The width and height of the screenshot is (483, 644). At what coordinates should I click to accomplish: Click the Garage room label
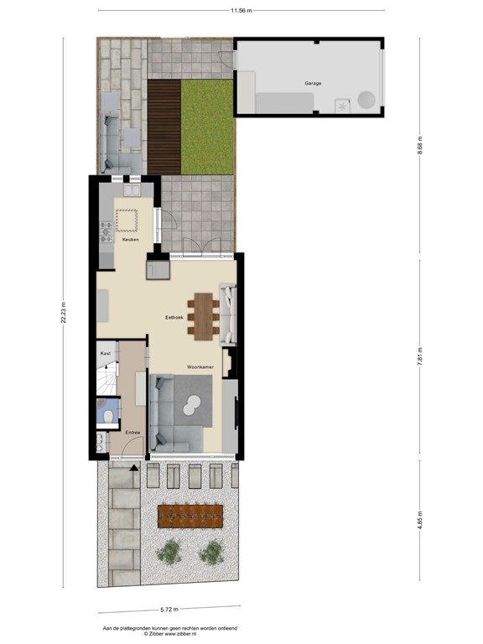click(313, 83)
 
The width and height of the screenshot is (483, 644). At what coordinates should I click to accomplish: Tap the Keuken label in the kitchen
click(129, 240)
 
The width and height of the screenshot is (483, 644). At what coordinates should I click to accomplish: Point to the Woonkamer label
click(200, 367)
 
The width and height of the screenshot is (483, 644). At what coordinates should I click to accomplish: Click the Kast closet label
click(105, 354)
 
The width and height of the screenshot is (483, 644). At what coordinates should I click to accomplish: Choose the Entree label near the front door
click(132, 432)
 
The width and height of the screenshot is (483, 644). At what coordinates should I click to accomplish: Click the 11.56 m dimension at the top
click(241, 10)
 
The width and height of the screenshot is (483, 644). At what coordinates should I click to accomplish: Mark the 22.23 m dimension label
click(64, 316)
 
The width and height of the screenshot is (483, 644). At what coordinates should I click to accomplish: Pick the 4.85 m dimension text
click(419, 525)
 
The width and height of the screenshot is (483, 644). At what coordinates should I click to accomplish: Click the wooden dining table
click(202, 314)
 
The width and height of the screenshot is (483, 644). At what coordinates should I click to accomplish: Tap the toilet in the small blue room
click(106, 414)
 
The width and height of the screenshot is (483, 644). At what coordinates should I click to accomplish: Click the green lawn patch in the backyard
click(207, 127)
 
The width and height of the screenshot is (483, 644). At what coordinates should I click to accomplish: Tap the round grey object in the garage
click(366, 100)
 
